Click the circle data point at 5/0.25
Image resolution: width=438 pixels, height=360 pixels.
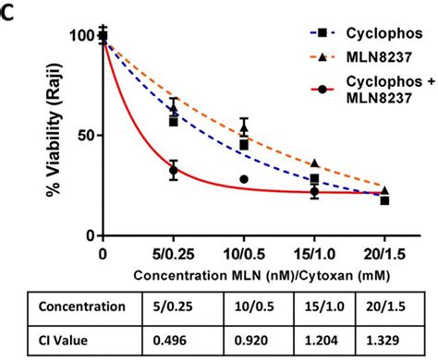pos(173,170)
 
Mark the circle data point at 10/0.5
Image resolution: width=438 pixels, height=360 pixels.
pos(244,179)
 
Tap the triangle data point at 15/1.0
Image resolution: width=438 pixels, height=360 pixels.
pos(315,163)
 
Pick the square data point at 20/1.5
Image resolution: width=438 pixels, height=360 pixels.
pos(384,200)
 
